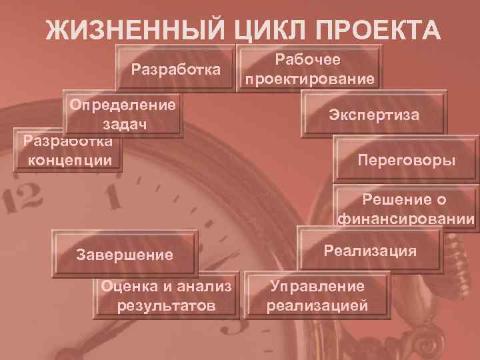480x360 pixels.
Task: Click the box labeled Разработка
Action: point(176,69)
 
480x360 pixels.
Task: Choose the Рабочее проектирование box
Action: point(309,69)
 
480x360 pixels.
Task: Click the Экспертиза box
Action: point(374,115)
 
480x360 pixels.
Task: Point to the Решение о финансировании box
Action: point(406,209)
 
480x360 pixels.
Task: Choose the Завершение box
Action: point(125,254)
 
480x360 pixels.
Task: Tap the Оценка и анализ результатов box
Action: point(166,296)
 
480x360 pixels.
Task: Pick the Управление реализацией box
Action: point(317,296)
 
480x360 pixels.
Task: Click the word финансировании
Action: point(406,218)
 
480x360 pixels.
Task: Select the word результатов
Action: point(166,306)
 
